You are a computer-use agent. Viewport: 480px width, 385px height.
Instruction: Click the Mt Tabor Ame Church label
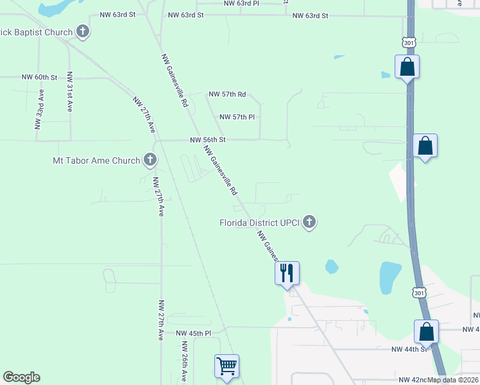96,160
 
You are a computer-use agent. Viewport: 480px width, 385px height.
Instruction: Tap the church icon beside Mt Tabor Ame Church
150,160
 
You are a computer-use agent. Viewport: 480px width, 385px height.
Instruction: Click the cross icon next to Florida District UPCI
309,222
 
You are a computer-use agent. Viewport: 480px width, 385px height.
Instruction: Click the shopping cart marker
227,366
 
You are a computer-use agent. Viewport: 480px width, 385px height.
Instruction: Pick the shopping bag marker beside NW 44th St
426,332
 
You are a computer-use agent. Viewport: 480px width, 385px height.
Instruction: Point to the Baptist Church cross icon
82,31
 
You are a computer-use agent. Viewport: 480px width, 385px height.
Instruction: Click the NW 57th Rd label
227,94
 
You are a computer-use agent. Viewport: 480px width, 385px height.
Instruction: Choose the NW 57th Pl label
237,117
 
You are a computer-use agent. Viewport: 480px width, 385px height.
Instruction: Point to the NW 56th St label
208,139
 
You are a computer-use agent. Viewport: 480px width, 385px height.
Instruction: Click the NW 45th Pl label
194,334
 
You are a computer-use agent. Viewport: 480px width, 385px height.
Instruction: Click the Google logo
21,377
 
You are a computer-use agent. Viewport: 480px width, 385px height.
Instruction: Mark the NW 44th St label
409,349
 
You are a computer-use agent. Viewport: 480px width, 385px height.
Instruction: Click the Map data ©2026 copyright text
453,380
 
